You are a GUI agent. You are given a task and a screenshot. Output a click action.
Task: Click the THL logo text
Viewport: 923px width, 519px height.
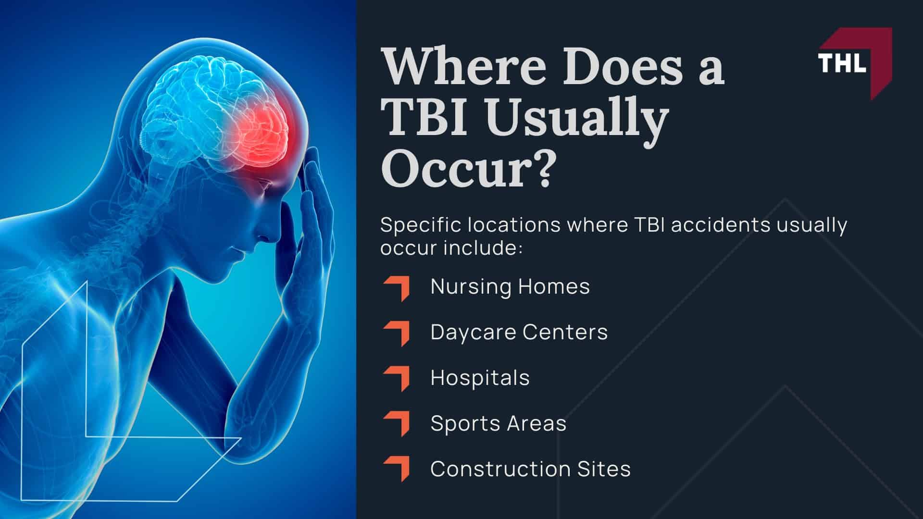[x=842, y=62]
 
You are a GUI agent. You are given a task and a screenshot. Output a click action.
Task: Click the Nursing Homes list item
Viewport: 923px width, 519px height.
[x=510, y=286]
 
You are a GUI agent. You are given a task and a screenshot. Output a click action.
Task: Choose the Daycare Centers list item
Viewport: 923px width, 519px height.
[x=519, y=332]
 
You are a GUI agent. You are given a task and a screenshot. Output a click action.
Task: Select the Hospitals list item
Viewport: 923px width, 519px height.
[x=480, y=378]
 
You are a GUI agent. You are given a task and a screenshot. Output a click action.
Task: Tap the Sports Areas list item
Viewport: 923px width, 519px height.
[x=499, y=423]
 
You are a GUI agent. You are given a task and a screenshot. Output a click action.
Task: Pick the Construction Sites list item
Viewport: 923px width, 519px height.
[x=530, y=469]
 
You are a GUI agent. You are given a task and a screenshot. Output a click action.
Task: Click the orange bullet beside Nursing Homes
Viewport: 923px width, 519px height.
[x=398, y=288]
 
